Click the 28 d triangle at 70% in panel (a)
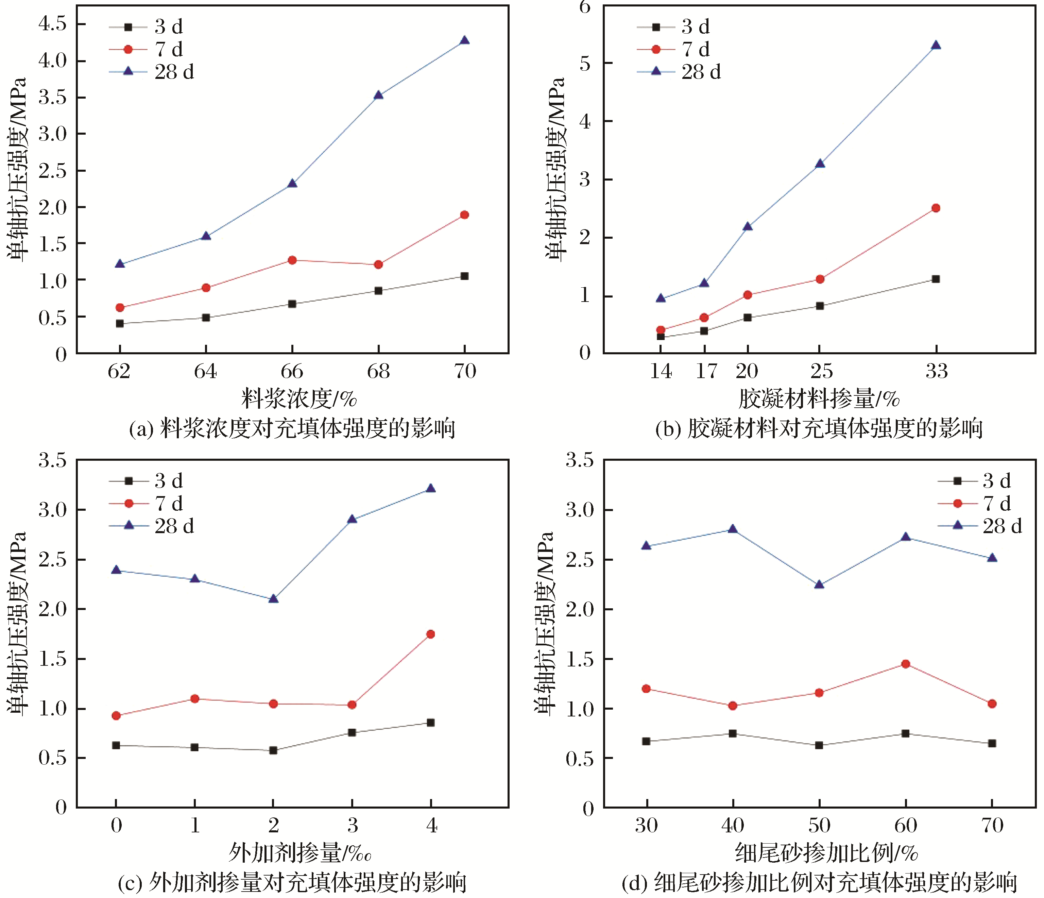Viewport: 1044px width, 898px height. [465, 41]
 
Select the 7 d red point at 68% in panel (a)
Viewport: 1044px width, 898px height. [378, 265]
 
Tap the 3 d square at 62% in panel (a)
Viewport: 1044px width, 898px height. [120, 323]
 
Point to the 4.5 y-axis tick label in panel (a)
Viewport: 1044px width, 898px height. [52, 24]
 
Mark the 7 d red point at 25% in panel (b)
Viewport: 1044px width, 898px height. [820, 279]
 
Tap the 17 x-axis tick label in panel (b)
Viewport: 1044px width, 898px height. [706, 372]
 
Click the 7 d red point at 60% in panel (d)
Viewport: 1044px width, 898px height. [905, 664]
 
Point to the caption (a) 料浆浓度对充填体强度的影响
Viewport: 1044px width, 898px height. [292, 429]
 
